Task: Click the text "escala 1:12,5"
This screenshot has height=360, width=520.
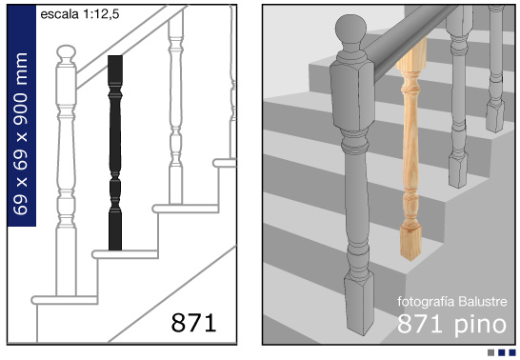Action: (x=80, y=14)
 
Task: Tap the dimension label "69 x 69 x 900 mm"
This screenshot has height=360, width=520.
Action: (x=21, y=133)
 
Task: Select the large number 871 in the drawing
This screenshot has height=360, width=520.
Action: (x=193, y=322)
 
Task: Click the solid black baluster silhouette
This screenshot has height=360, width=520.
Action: (x=115, y=152)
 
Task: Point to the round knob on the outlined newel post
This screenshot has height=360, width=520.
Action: (x=67, y=53)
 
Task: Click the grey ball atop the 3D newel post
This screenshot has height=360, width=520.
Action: (x=350, y=30)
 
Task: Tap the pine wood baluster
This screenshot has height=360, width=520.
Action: (x=410, y=150)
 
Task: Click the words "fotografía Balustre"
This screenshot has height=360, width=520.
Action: (x=452, y=302)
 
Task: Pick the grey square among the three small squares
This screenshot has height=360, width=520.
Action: (x=491, y=352)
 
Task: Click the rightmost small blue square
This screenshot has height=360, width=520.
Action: (x=512, y=352)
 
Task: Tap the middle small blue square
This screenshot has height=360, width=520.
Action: (x=502, y=352)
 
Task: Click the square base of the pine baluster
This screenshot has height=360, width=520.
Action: (x=410, y=243)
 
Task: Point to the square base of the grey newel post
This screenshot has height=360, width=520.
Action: (x=359, y=303)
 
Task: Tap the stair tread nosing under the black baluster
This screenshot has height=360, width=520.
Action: (x=126, y=254)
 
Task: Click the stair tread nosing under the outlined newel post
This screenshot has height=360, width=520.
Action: (x=65, y=300)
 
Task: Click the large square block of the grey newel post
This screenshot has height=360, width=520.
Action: (x=352, y=94)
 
